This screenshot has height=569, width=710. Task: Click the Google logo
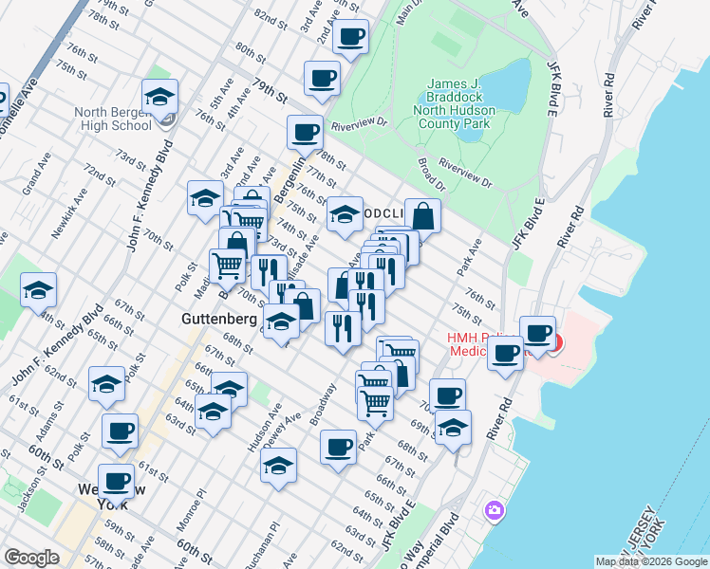31,558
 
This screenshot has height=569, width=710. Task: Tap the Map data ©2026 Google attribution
651,561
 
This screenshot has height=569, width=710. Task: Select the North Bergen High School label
113,119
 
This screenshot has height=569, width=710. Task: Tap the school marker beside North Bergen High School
159,98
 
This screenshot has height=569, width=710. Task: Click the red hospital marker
554,342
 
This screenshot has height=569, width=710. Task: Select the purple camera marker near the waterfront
494,511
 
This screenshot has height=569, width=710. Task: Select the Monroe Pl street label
198,505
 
